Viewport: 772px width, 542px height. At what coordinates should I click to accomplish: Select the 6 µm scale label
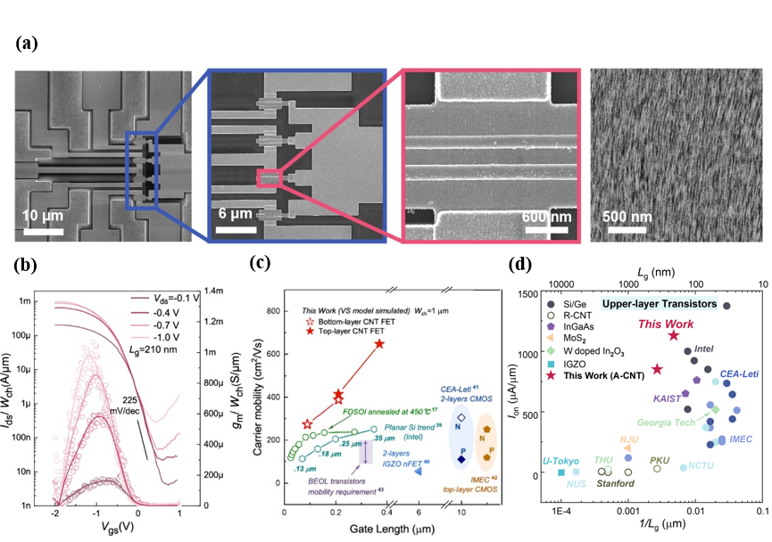coord(235,217)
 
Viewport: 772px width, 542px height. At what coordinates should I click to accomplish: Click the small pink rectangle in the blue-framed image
coord(270,179)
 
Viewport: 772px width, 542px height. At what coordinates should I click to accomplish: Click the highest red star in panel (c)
coord(379,343)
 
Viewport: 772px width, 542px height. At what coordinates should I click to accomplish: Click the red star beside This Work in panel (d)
coord(674,335)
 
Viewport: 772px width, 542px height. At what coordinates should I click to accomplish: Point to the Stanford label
coord(616,484)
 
